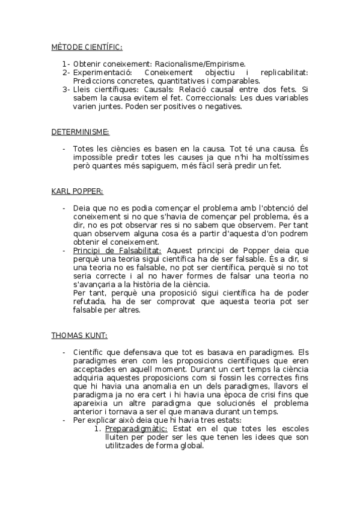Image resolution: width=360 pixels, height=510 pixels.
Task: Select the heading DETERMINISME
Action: [80, 131]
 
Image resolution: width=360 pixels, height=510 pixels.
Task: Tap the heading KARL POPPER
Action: [77, 191]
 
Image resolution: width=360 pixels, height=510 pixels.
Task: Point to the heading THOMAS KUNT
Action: [79, 335]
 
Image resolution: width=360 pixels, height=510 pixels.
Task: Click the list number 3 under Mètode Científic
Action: [66, 90]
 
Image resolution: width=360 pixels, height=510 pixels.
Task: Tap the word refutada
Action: [91, 302]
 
